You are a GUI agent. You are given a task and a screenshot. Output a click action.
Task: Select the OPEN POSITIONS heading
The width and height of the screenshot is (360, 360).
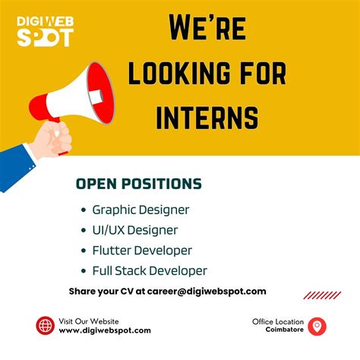coord(139,184)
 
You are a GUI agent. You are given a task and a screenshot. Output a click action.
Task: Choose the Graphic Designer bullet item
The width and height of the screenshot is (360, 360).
coord(141,209)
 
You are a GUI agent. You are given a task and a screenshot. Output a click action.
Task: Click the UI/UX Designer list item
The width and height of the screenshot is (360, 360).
coord(134,229)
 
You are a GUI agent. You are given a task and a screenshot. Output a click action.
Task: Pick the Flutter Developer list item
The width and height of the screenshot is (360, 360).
coord(142,250)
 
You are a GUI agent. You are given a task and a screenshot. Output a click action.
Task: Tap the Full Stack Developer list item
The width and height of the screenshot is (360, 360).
coord(150,270)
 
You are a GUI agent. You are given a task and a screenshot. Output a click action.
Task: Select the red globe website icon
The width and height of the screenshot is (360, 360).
coord(45,326)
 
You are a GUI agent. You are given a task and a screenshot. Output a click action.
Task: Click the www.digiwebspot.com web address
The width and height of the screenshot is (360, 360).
coord(105,330)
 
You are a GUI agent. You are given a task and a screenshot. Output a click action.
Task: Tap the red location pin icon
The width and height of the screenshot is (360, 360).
coord(318,326)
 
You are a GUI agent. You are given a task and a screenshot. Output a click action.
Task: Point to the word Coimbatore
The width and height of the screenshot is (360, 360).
coord(284,330)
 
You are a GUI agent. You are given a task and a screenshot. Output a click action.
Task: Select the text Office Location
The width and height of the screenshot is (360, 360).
coord(278,321)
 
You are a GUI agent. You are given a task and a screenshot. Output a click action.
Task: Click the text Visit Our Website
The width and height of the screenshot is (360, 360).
coord(89,321)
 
